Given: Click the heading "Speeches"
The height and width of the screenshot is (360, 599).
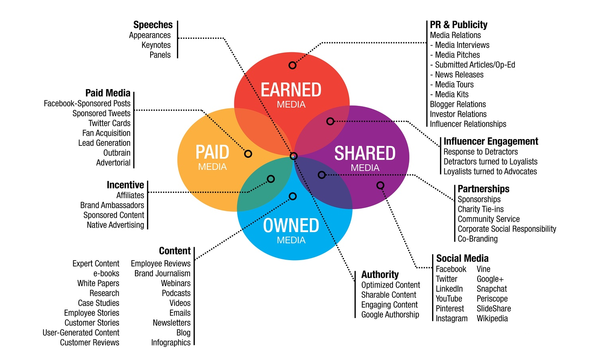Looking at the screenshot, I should tap(153, 25).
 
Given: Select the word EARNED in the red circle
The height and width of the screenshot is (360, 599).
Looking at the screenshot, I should tap(291, 90).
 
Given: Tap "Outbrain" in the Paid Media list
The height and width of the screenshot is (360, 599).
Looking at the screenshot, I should tap(117, 153).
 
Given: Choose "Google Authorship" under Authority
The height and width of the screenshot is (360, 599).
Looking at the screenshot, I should tap(390, 314).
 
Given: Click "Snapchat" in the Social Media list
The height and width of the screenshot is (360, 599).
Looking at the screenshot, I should tap(492, 289).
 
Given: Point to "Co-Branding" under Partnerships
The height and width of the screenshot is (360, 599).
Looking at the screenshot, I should tap(478, 239).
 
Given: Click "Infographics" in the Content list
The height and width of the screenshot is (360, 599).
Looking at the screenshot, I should tap(171, 342).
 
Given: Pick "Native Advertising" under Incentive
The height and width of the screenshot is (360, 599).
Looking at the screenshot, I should tap(115, 225).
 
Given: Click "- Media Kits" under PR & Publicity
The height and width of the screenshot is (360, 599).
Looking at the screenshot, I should tap(449, 94).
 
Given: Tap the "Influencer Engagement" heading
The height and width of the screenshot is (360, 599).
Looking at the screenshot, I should tap(491, 141).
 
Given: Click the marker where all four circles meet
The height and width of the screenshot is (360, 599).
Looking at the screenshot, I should tap(294, 156).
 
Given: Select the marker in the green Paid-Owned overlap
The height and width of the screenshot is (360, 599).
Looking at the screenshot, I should tap(271, 179).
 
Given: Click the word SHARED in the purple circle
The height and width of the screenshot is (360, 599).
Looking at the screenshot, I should tap(365, 153).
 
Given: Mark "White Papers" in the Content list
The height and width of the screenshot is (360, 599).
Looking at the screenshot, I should tap(98, 283).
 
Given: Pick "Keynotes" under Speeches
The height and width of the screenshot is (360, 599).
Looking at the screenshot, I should tap(156, 45).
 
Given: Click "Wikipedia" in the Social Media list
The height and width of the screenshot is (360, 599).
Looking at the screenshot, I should tap(492, 318).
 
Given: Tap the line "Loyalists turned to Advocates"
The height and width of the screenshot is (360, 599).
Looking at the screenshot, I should tap(490, 171).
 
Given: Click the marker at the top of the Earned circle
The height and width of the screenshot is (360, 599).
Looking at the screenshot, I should tap(292, 65).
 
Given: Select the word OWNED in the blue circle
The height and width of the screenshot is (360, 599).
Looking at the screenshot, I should tap(291, 226).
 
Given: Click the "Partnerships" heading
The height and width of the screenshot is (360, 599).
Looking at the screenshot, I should tap(483, 189).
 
